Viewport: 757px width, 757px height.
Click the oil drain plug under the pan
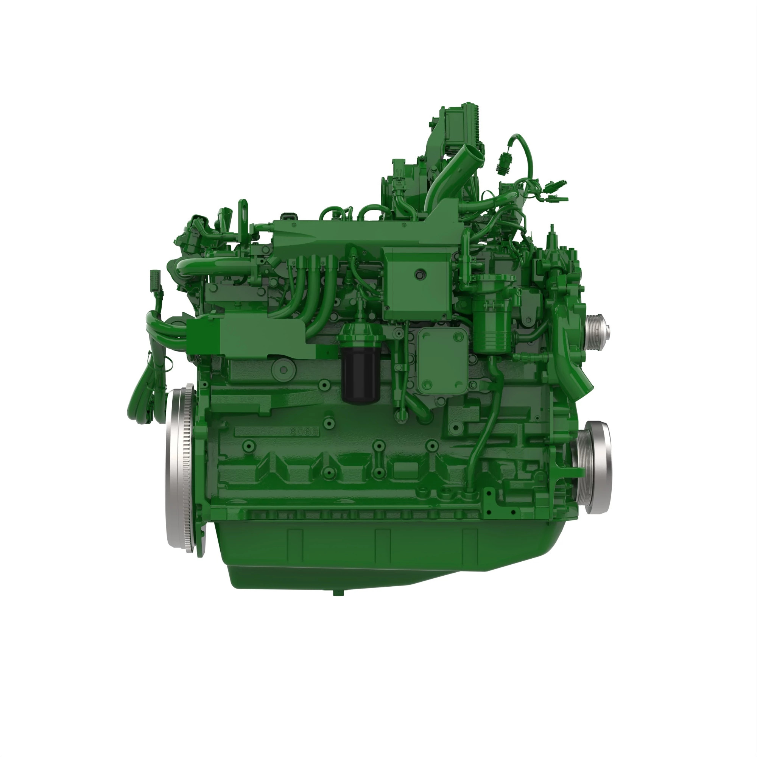[335, 593]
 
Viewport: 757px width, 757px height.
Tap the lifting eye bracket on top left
[244, 212]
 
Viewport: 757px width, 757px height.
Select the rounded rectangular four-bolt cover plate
[442, 360]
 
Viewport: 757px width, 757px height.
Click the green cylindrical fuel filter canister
[492, 325]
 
